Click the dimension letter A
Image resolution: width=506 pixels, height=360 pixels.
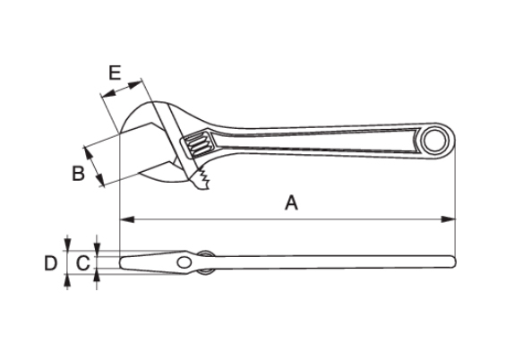click(291, 202)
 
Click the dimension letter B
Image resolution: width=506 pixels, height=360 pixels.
click(78, 173)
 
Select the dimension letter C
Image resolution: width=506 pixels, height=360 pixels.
click(83, 262)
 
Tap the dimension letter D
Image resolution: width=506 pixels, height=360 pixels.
click(51, 262)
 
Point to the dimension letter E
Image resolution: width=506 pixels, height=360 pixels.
click(115, 73)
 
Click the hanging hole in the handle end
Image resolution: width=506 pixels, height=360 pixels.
click(435, 141)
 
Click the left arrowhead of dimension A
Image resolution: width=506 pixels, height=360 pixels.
click(127, 219)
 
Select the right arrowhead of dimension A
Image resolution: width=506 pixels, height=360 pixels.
click(449, 219)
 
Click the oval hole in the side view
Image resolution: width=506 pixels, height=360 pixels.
click(184, 262)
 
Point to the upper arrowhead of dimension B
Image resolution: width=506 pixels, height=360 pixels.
click(88, 153)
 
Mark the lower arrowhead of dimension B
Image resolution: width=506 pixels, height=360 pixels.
click(100, 180)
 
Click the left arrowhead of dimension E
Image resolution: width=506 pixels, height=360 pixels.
click(107, 93)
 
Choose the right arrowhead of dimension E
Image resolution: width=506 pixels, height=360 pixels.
click(135, 84)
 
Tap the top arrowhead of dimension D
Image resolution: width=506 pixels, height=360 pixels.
click(67, 243)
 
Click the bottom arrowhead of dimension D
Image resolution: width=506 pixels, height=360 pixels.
click(67, 282)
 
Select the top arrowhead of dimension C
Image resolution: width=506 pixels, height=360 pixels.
click(97, 250)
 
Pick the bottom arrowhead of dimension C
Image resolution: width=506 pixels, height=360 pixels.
click(97, 275)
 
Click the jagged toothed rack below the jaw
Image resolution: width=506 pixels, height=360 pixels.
click(200, 180)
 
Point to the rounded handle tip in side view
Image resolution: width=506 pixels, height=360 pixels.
click(453, 261)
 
